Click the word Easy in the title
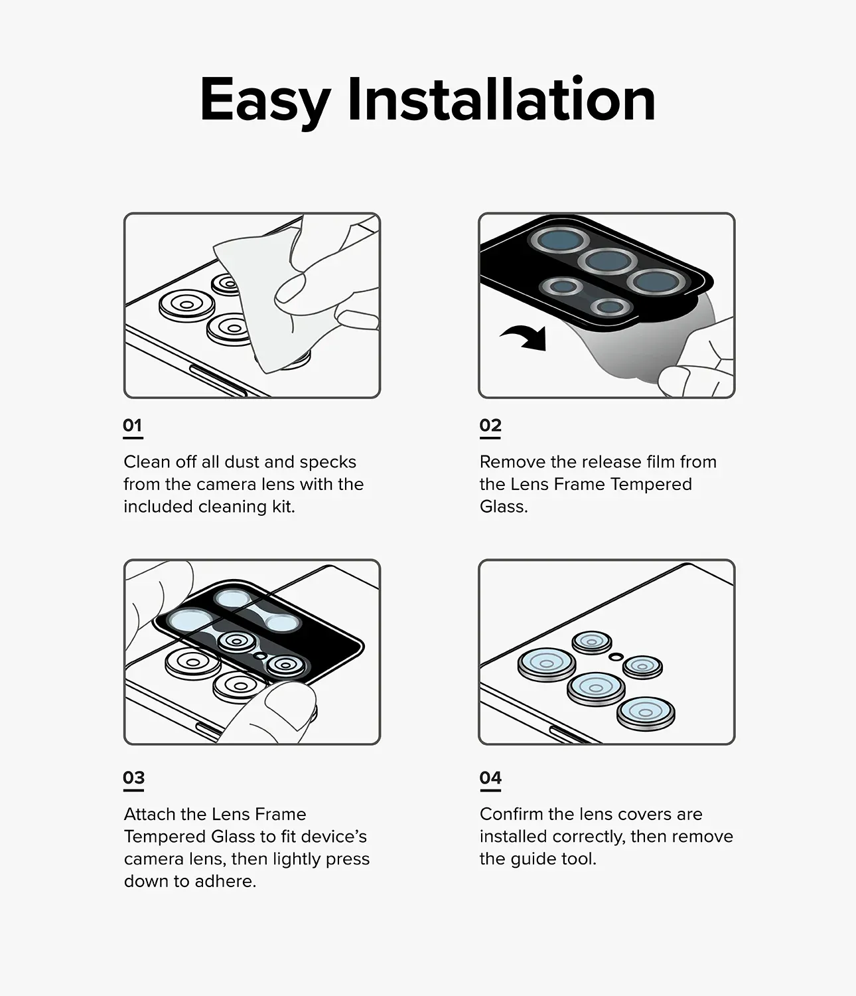(264, 101)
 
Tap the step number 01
(133, 425)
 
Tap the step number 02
(490, 425)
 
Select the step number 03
(133, 778)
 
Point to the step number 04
(490, 778)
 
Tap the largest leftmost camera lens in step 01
(186, 305)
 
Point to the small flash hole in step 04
(616, 656)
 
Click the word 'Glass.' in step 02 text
(504, 507)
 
